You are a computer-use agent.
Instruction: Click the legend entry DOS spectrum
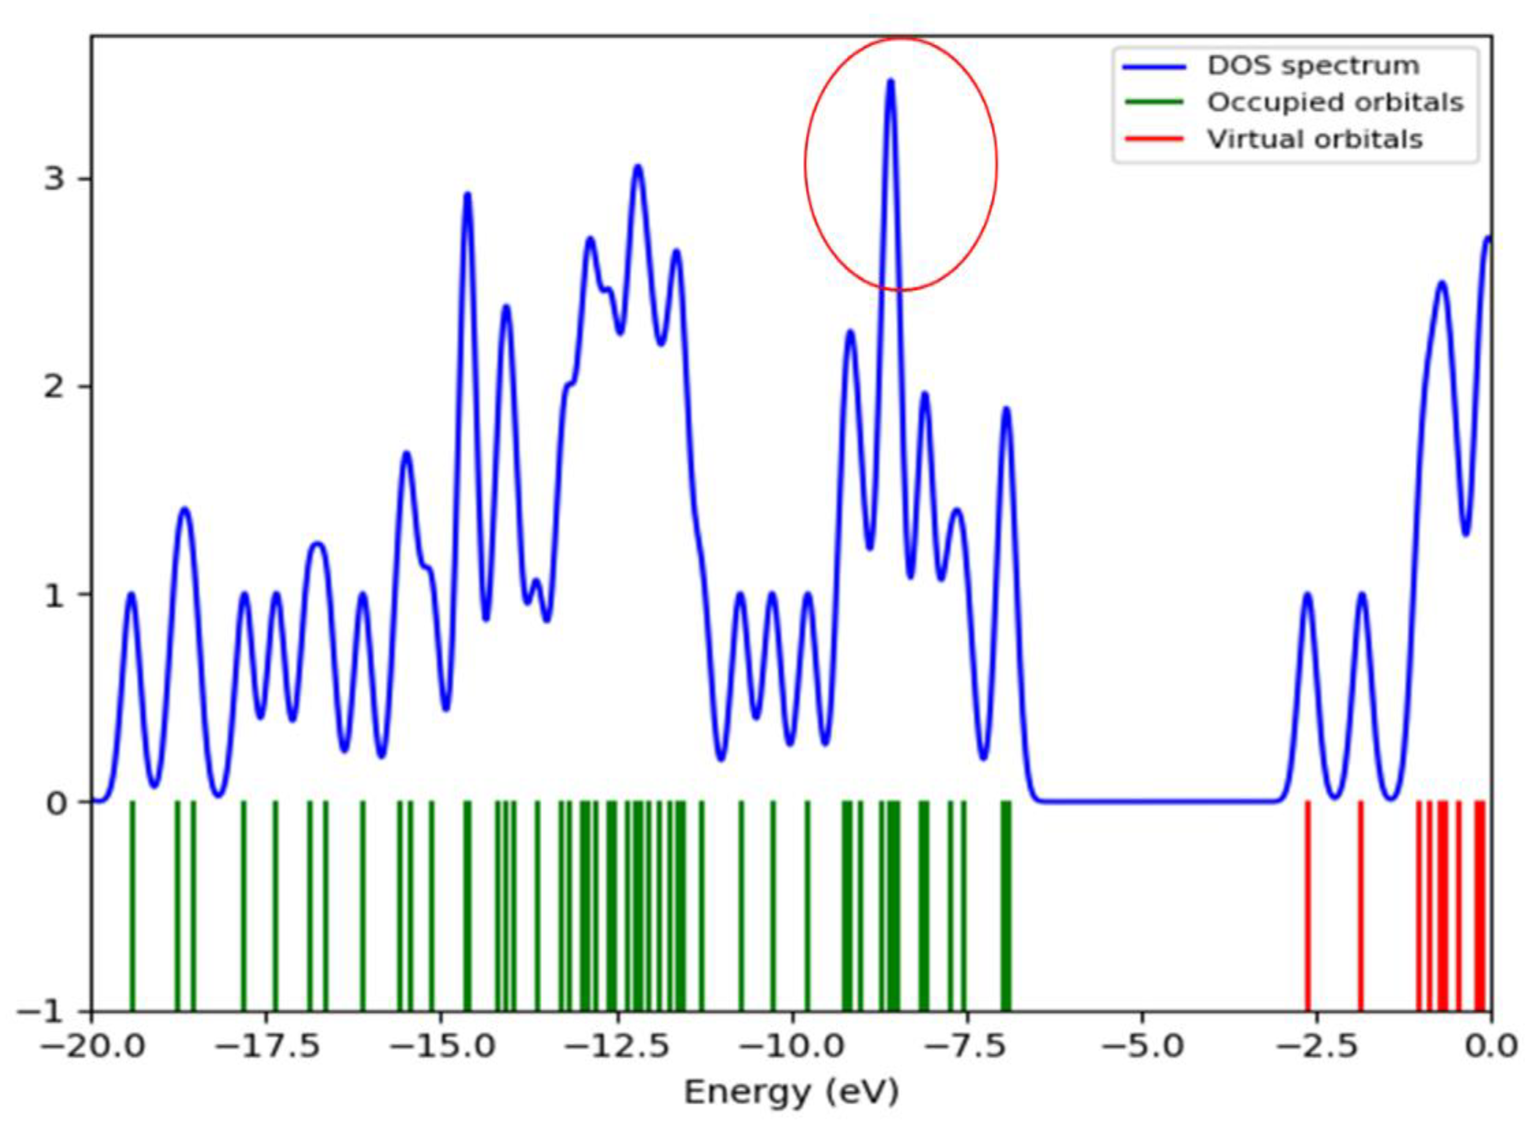[1312, 66]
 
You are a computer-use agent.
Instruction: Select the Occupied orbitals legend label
[1334, 102]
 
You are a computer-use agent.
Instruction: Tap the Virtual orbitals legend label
[1314, 139]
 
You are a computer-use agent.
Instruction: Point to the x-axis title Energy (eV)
[791, 1092]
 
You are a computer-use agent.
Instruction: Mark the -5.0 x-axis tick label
[1142, 1047]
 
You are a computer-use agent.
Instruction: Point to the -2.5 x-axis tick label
[1316, 1047]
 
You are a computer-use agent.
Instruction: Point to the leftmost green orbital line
[133, 906]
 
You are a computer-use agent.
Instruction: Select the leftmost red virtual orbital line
[1308, 906]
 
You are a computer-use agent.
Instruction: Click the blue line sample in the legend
[1155, 66]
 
